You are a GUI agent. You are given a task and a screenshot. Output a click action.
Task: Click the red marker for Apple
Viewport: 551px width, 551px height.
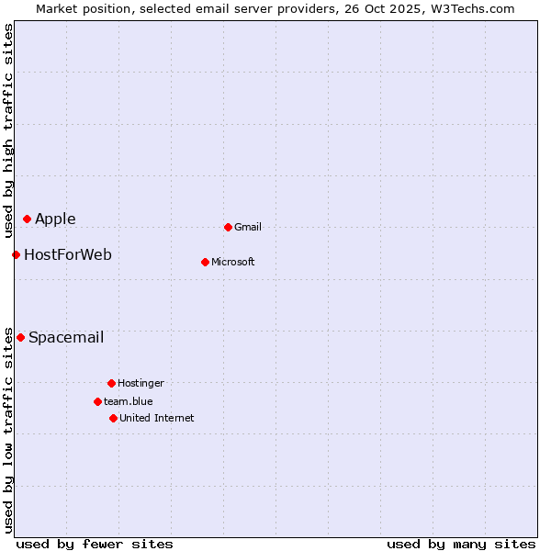click(x=28, y=219)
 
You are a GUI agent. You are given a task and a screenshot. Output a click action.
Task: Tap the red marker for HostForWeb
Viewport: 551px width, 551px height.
click(x=16, y=254)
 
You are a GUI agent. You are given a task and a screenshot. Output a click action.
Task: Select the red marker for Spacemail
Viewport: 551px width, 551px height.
click(x=20, y=337)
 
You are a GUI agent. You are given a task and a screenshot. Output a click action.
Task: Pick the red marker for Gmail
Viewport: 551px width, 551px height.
click(x=228, y=227)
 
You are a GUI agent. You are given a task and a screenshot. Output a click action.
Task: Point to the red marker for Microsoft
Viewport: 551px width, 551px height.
click(x=205, y=262)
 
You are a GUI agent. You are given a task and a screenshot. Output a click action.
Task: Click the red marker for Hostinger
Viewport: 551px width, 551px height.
click(x=111, y=383)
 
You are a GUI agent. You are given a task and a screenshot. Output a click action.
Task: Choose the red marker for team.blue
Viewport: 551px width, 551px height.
click(x=97, y=401)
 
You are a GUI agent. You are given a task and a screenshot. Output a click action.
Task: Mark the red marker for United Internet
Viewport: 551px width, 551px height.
click(x=113, y=418)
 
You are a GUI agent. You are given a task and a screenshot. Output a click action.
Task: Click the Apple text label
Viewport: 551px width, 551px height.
click(x=55, y=219)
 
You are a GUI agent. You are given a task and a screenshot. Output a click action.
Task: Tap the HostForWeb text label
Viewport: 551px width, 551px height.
click(x=68, y=254)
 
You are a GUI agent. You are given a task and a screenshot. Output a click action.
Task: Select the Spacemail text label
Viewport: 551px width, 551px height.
click(x=66, y=337)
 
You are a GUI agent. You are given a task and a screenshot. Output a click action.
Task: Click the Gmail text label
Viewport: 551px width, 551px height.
click(x=248, y=227)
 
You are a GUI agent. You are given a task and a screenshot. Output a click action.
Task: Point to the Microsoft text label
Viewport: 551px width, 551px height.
click(x=233, y=262)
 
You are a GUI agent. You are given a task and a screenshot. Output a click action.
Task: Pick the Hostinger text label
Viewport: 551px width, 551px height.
click(x=141, y=383)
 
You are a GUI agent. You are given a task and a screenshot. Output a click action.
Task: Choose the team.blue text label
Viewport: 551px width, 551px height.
click(x=129, y=401)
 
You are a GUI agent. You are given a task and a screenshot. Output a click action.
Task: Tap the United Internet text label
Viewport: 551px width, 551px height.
click(x=157, y=418)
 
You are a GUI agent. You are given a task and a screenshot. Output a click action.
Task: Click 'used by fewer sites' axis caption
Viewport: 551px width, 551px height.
click(x=95, y=544)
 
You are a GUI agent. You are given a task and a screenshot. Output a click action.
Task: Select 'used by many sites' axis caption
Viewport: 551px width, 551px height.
click(x=461, y=544)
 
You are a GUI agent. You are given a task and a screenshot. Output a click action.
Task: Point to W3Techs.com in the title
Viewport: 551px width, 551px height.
click(x=470, y=8)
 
